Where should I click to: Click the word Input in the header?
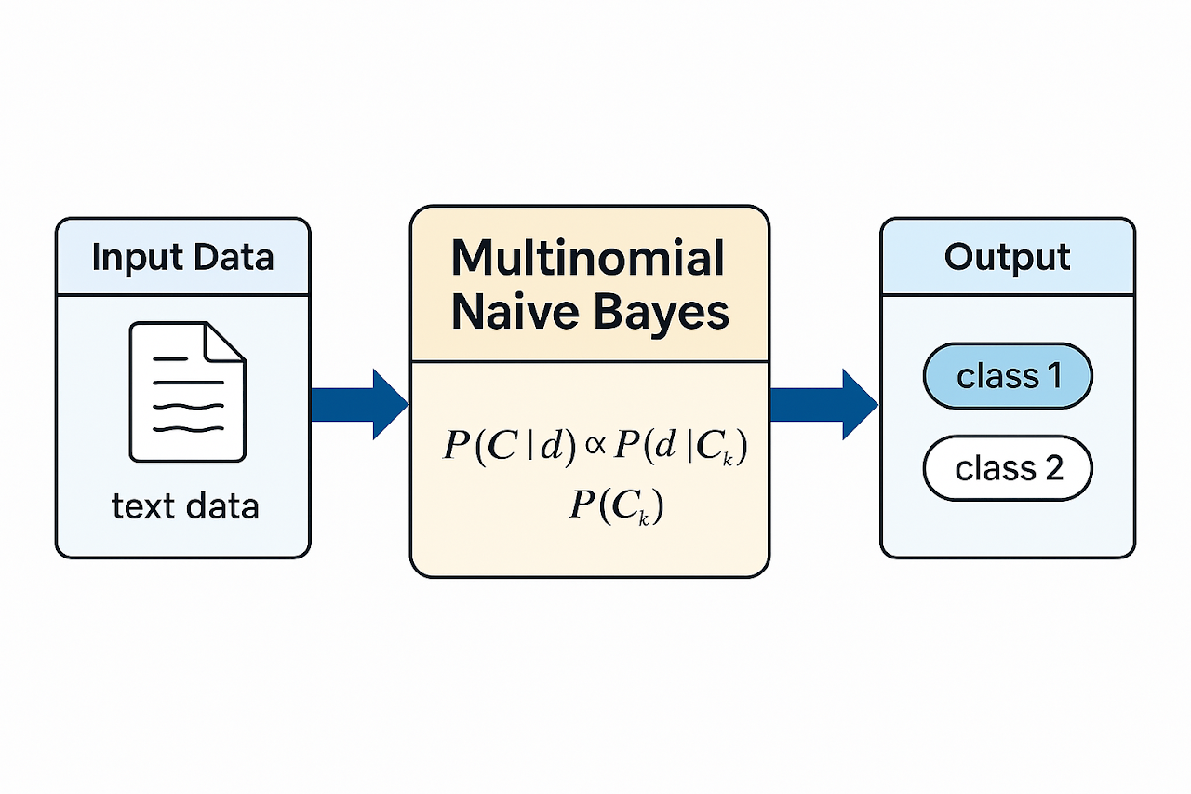coord(133,257)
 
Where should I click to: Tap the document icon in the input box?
coord(186,392)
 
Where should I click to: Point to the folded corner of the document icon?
coord(225,342)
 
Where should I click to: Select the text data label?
coord(185,507)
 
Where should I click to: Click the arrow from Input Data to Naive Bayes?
coord(359,404)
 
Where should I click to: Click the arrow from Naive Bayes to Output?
coord(823,404)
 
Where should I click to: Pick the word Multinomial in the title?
coord(588,258)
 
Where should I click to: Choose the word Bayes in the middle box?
coord(662,315)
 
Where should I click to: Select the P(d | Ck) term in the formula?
coord(681,449)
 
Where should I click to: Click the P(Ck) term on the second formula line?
coord(616,505)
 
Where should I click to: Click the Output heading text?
coord(1007,257)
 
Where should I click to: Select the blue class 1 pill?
coord(1008,377)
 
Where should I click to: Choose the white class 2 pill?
coord(1008,468)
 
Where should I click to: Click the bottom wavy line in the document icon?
coord(187,429)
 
